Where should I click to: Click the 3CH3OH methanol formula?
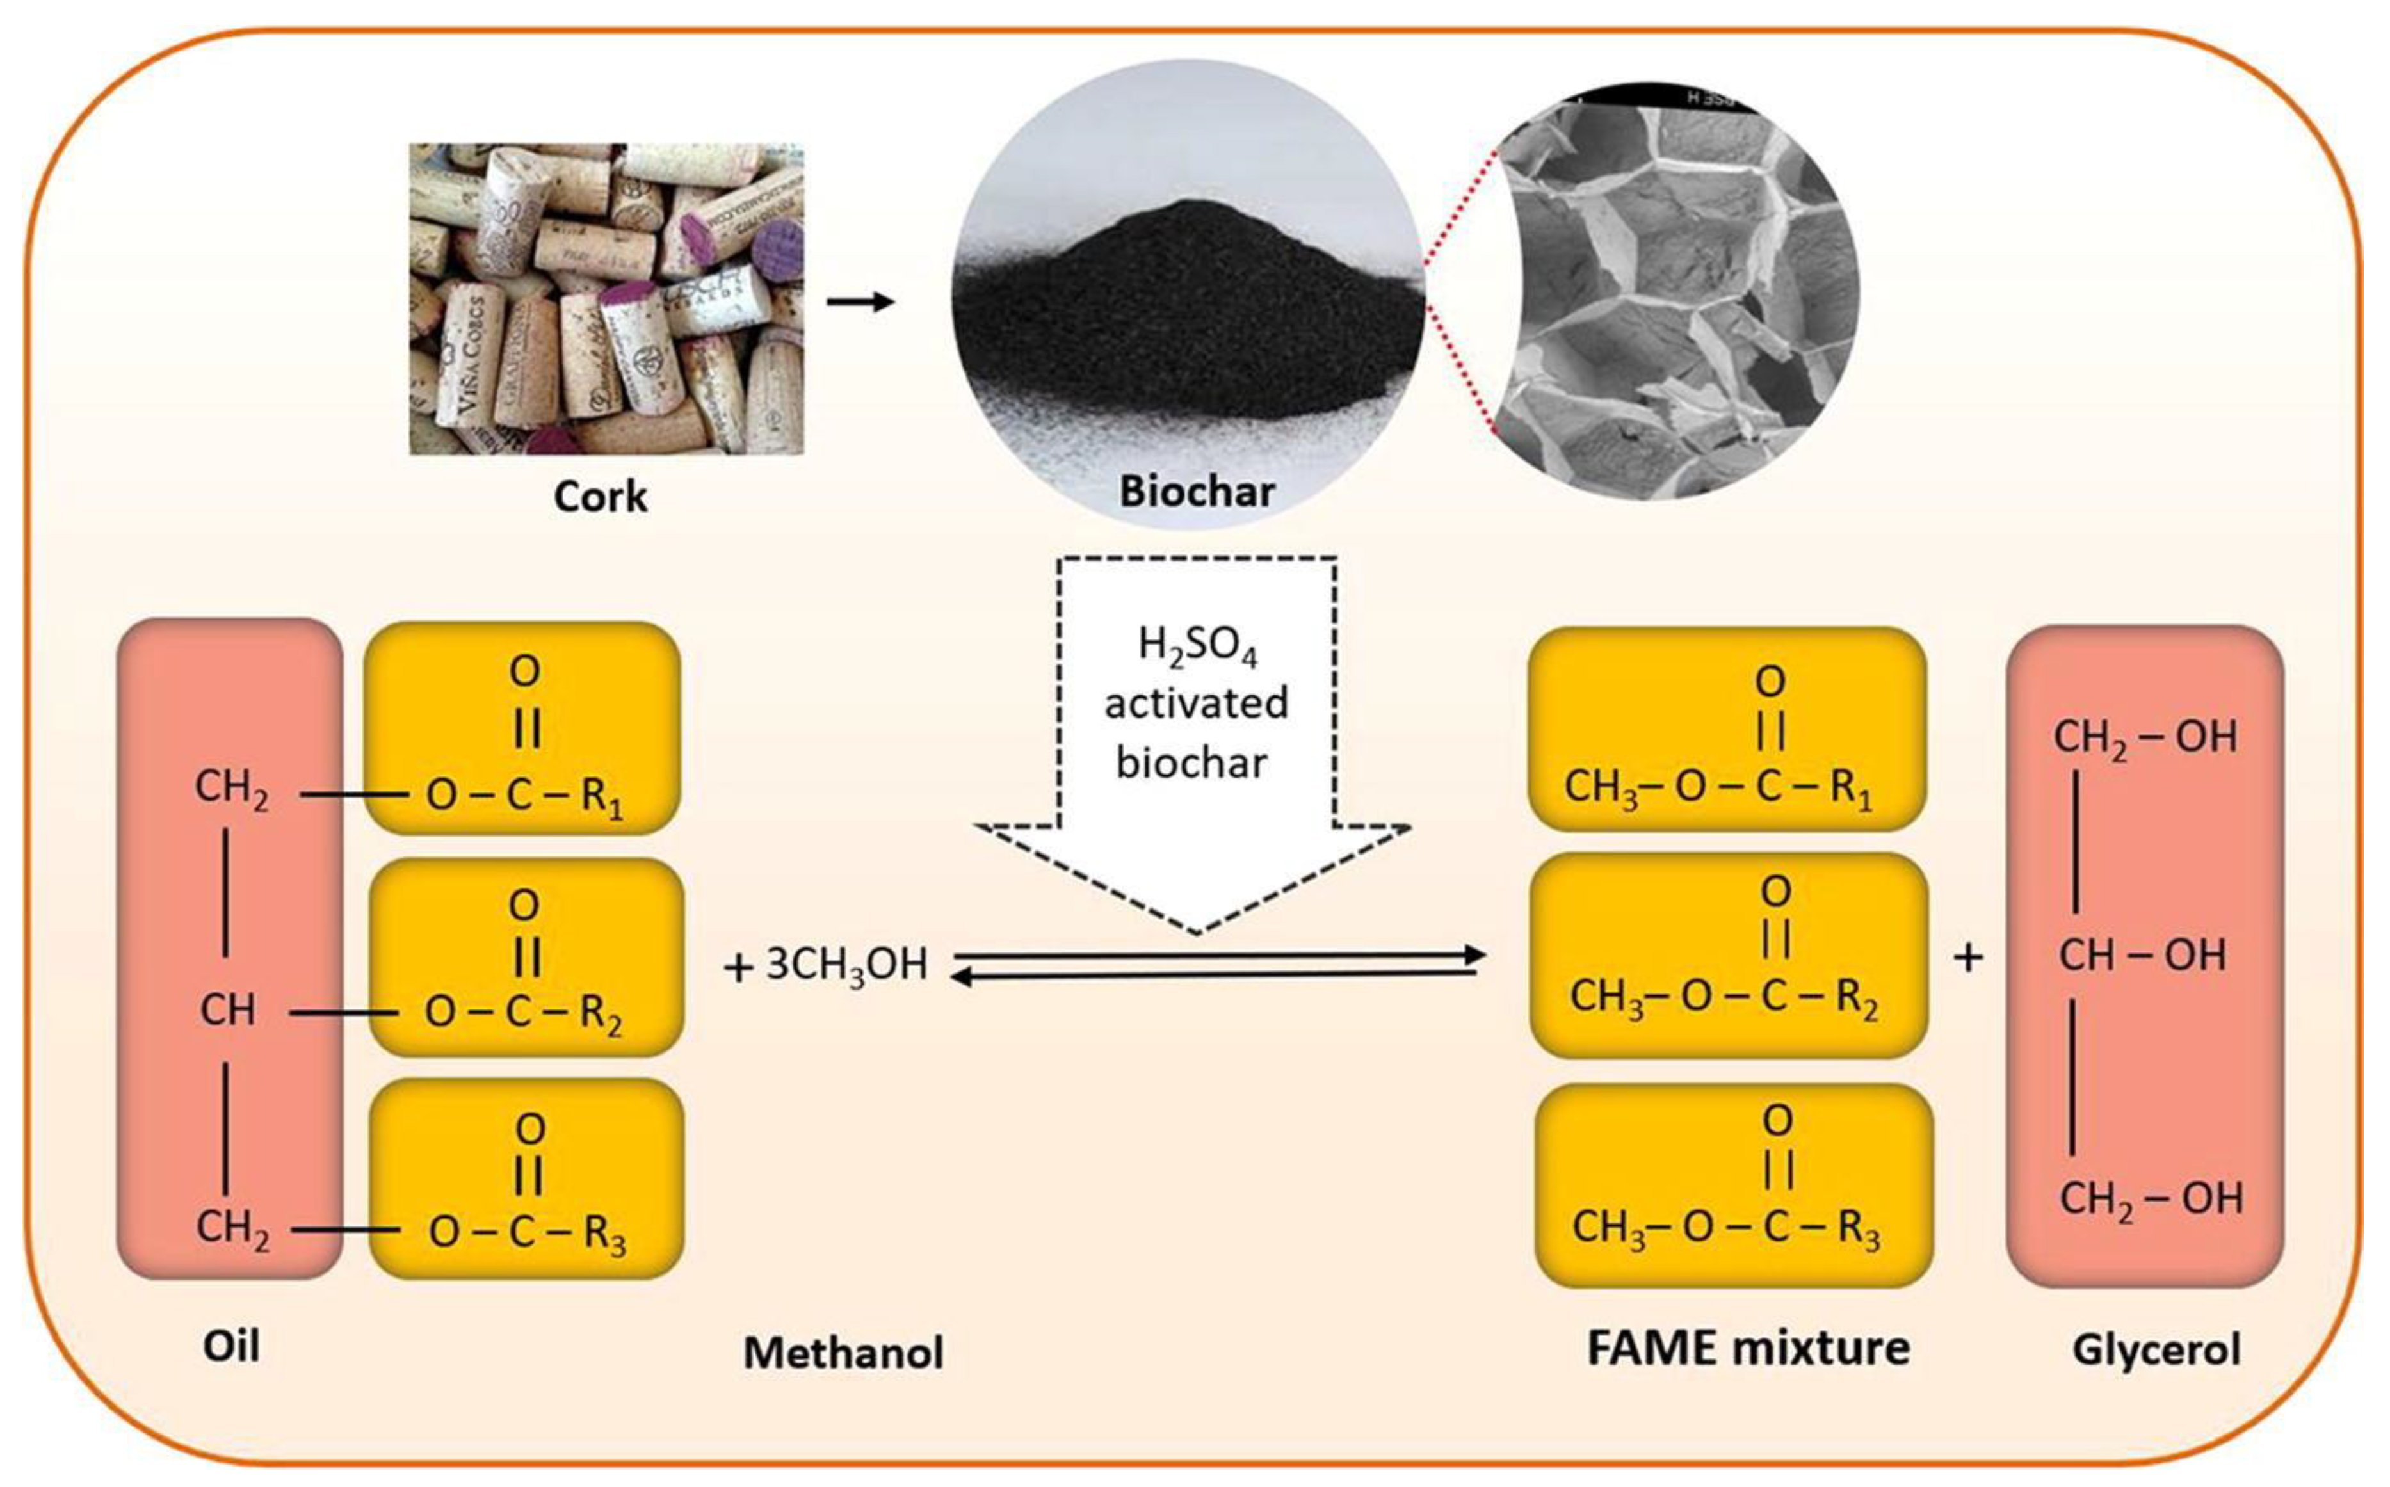(x=846, y=965)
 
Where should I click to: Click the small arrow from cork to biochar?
(x=860, y=301)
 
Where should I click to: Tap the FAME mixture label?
(x=1748, y=1347)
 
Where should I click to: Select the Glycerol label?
(x=2156, y=1349)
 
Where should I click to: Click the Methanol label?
(x=843, y=1353)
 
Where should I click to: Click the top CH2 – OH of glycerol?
(x=2144, y=737)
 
